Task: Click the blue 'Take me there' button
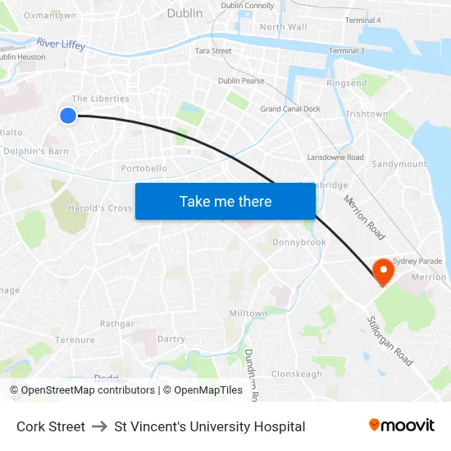[x=225, y=201]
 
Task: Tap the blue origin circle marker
[x=68, y=116]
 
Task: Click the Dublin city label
[x=184, y=13]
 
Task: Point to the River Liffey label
[x=61, y=43]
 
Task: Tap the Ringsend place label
[x=347, y=84]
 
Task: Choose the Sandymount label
[x=399, y=164]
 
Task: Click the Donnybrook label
[x=299, y=242]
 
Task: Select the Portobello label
[x=143, y=168]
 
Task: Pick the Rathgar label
[x=116, y=324]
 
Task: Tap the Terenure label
[x=75, y=339]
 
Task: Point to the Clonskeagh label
[x=297, y=374]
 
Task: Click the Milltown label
[x=248, y=313]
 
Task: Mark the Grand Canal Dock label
[x=290, y=109]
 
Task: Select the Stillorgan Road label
[x=390, y=341]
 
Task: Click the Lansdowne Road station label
[x=335, y=157]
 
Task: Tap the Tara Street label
[x=213, y=51]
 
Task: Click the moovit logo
[x=402, y=426]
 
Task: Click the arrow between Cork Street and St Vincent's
[x=99, y=426]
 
